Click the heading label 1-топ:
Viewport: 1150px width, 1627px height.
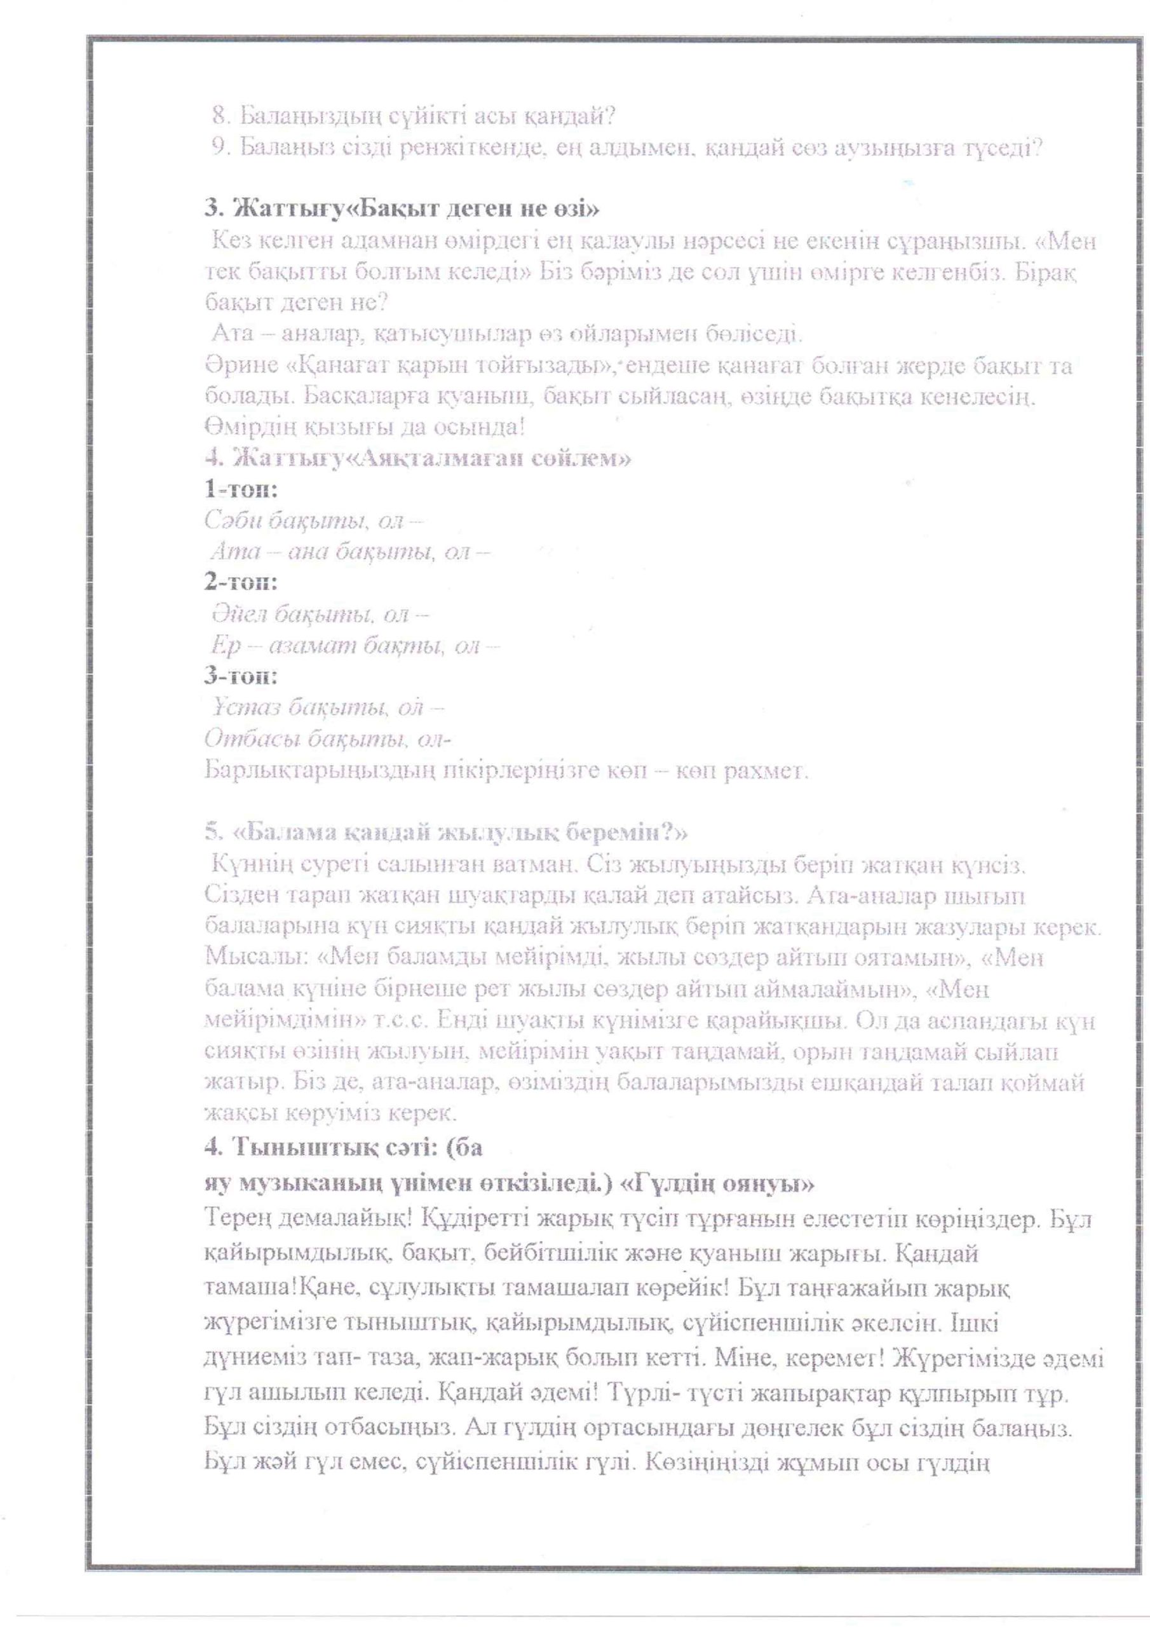240,489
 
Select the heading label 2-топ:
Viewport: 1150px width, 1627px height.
241,582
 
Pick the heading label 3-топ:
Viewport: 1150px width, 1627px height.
241,676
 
